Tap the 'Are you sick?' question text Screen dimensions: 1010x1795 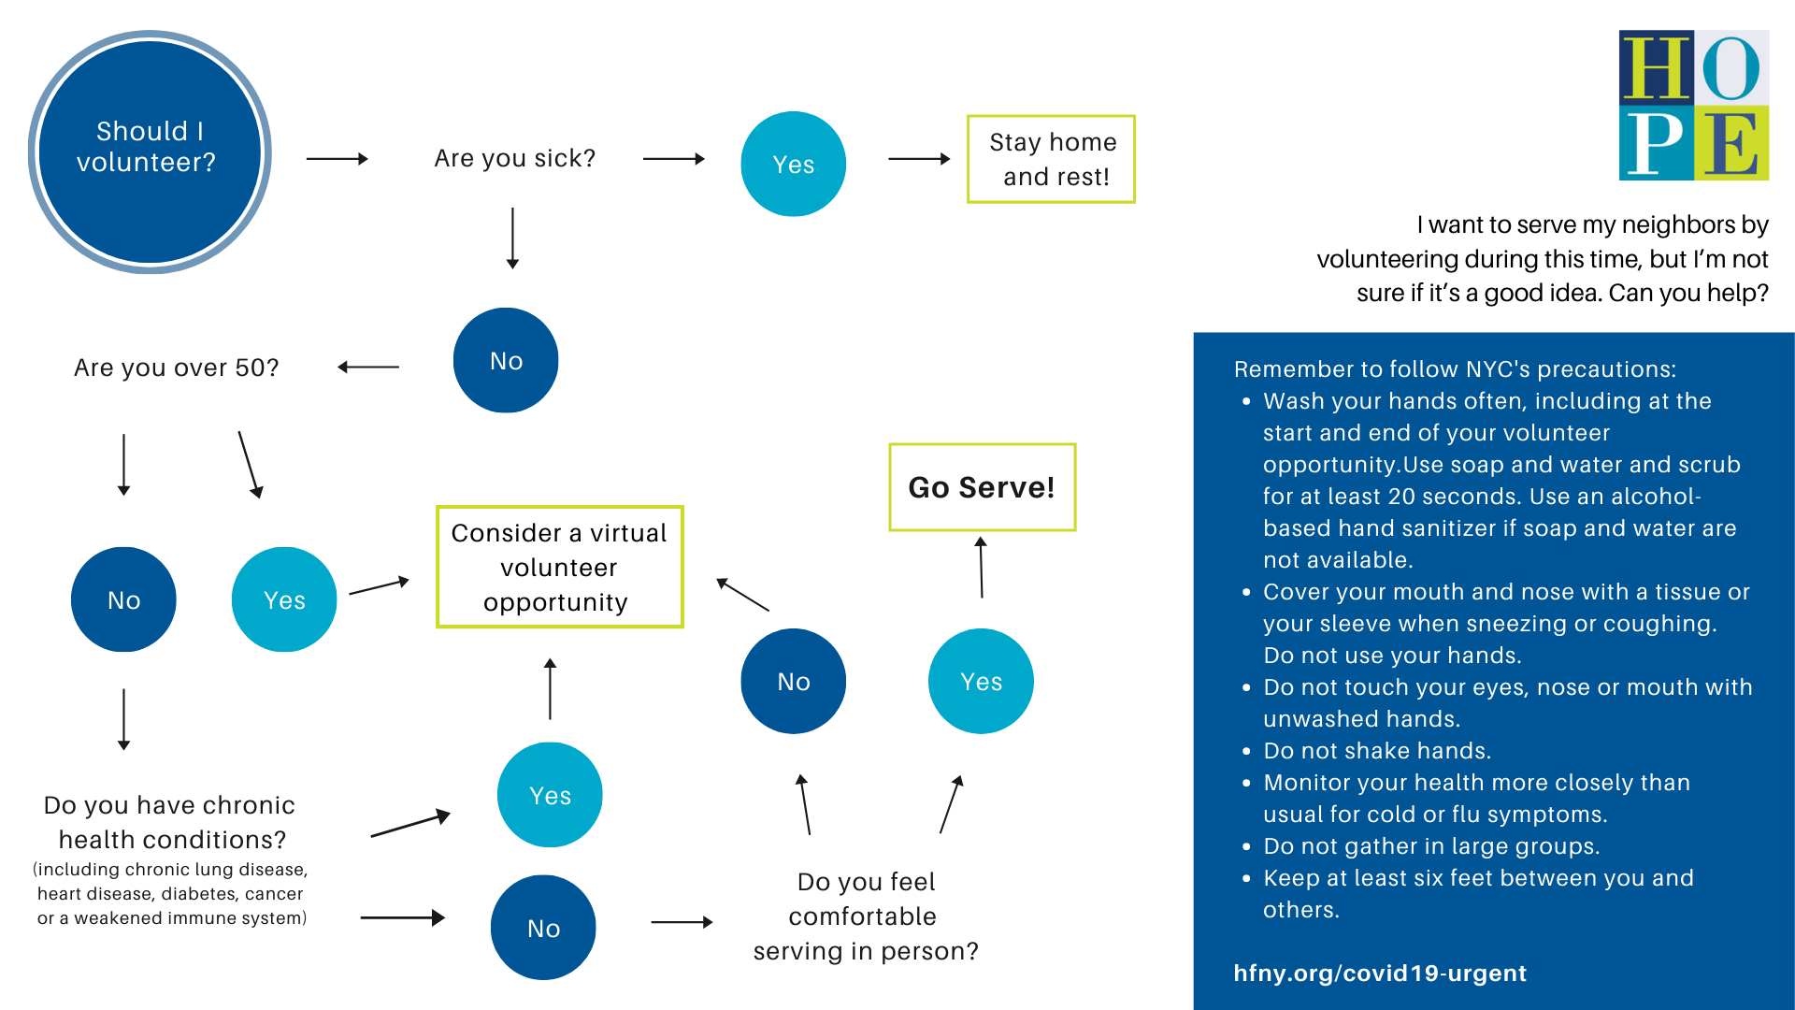[x=514, y=158]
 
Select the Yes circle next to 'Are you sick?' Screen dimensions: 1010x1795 [x=793, y=164]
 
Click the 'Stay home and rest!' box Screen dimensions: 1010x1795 [x=1051, y=159]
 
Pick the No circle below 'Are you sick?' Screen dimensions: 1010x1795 [x=506, y=360]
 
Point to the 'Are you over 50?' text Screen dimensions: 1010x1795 [x=176, y=368]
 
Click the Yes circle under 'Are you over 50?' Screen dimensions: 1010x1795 [x=284, y=599]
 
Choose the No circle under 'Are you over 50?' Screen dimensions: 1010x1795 [x=123, y=599]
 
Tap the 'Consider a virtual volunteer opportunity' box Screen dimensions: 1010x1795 [x=559, y=567]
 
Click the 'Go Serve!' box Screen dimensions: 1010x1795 [x=982, y=487]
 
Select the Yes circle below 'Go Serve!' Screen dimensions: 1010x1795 [x=981, y=681]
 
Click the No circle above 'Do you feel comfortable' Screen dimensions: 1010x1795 [x=793, y=681]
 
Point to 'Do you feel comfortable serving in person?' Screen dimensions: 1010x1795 [x=866, y=916]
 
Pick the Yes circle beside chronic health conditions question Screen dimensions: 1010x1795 [x=550, y=795]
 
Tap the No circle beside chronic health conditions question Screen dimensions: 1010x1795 [x=543, y=928]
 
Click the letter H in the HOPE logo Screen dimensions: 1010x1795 [x=1656, y=67]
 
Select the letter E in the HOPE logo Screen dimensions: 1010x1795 [x=1731, y=143]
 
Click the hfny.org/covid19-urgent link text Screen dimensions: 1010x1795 [x=1379, y=973]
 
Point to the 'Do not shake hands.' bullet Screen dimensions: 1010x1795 [x=1376, y=751]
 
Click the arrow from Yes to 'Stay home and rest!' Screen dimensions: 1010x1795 [x=918, y=159]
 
